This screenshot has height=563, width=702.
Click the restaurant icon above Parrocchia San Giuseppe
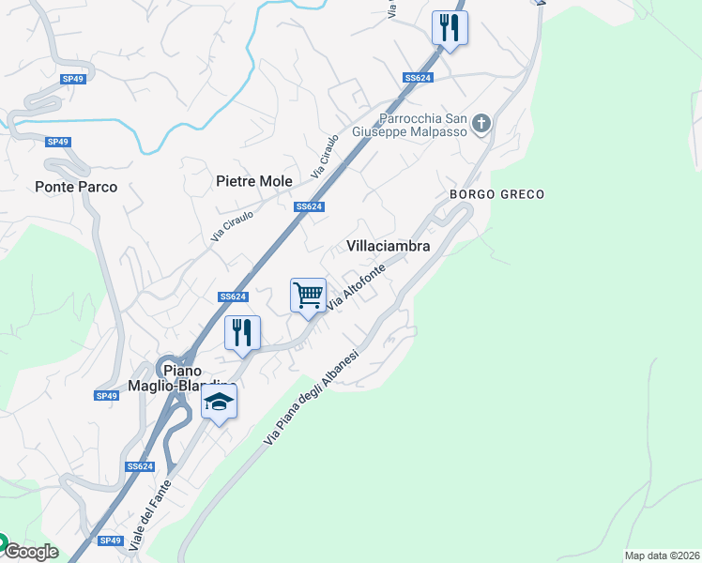(450, 28)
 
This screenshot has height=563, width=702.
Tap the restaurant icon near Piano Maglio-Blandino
(242, 333)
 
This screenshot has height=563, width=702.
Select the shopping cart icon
(308, 297)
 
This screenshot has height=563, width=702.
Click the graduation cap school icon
(220, 403)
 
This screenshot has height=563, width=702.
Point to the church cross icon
(481, 123)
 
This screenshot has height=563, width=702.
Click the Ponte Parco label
(76, 187)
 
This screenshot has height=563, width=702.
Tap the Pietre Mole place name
(254, 181)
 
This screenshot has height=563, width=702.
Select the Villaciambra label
(389, 246)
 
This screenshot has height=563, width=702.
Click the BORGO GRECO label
(496, 194)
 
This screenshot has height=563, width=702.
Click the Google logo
(30, 552)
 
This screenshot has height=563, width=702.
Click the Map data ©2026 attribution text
(661, 555)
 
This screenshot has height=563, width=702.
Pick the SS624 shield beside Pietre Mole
(309, 206)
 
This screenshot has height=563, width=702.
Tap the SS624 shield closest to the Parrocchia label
(418, 78)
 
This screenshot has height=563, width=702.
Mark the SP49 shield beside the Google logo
(111, 540)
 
